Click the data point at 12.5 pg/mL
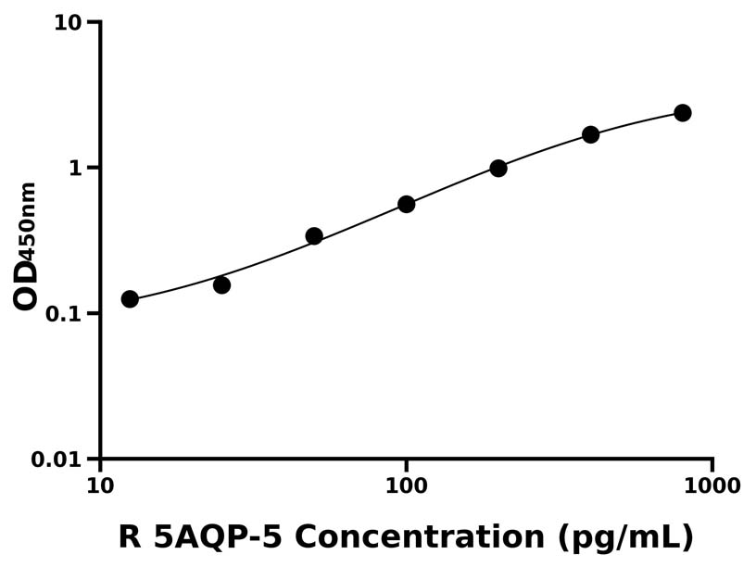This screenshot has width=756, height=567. click(x=130, y=299)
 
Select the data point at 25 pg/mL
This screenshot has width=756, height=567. click(x=221, y=284)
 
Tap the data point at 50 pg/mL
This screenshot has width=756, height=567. click(x=314, y=236)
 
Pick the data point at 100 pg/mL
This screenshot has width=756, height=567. click(x=406, y=204)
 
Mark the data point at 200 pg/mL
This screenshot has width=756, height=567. click(x=498, y=168)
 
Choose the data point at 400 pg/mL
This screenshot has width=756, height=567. click(x=590, y=134)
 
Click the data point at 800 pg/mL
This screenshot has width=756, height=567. click(x=683, y=113)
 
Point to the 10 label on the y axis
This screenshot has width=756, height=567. click(x=68, y=22)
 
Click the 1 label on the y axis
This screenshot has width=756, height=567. click(x=76, y=168)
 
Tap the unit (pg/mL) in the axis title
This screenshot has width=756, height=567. click(x=625, y=537)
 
